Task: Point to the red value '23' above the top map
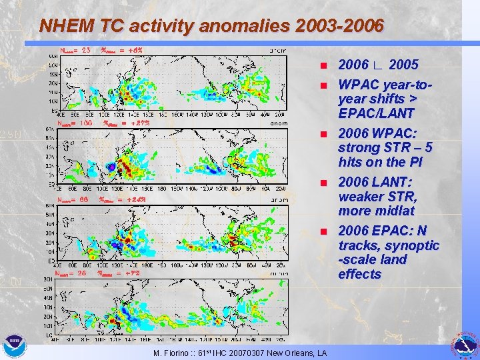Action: [x=85, y=49]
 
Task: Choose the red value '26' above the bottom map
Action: [x=82, y=273]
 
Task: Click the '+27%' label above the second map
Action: [x=139, y=123]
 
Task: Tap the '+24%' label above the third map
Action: [x=135, y=199]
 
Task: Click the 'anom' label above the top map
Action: [x=279, y=49]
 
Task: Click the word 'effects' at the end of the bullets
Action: [x=359, y=274]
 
